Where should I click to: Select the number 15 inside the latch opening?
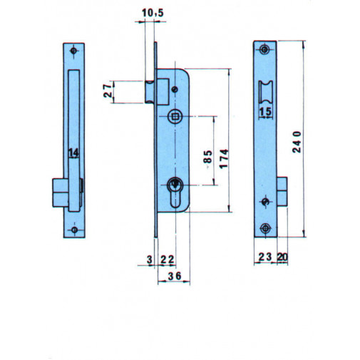tap(265, 113)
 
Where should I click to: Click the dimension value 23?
tap(264, 257)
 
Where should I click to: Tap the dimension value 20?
tap(282, 257)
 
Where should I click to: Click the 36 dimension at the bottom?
tap(174, 276)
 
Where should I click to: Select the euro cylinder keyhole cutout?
tap(175, 193)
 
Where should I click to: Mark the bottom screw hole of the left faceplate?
tap(75, 230)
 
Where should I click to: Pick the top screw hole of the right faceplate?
tap(266, 49)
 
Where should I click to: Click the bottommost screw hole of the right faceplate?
tap(266, 229)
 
